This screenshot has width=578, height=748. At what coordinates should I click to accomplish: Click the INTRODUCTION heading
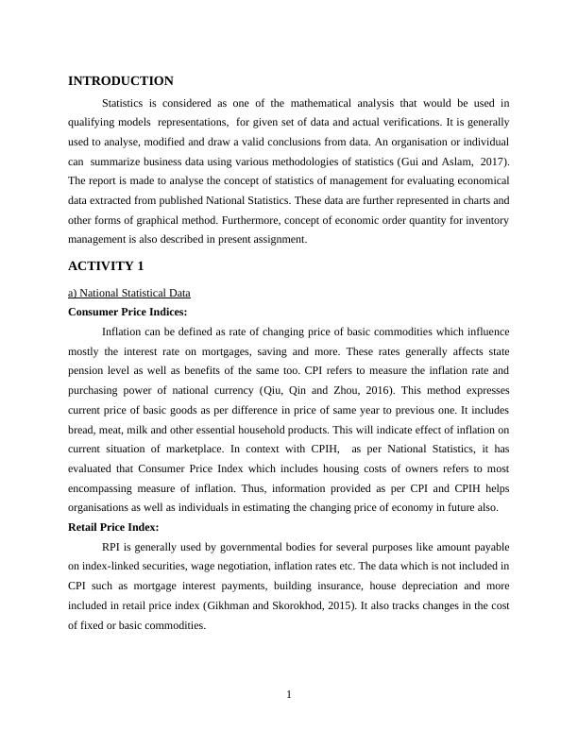(x=121, y=81)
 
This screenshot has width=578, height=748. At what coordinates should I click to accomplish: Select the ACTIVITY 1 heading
(x=106, y=265)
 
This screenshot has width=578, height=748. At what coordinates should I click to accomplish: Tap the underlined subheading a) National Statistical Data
(x=129, y=294)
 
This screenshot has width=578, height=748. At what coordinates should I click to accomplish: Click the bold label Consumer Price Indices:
(x=128, y=312)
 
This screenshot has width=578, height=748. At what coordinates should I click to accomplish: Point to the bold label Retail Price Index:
(x=114, y=527)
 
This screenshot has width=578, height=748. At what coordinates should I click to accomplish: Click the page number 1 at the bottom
(x=289, y=696)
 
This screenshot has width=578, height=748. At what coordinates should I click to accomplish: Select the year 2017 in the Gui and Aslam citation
(x=492, y=161)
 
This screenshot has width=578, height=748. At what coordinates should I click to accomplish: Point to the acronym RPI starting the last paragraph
(x=112, y=547)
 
